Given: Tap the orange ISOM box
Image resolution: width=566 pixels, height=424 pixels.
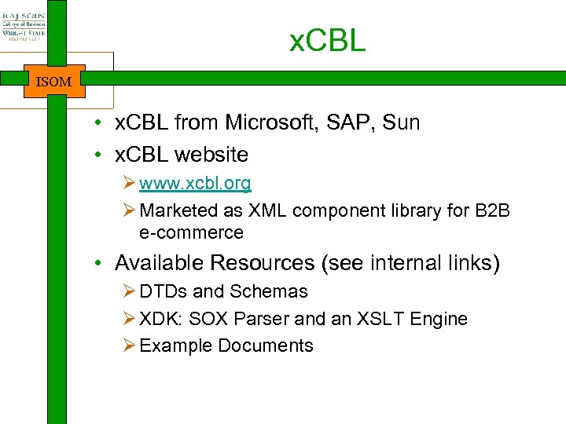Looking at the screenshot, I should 54,81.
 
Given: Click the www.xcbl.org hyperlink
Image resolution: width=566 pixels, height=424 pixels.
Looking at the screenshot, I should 195,184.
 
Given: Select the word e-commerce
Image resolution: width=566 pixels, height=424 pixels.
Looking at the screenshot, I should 191,232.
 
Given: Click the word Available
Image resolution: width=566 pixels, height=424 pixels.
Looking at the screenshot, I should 156,262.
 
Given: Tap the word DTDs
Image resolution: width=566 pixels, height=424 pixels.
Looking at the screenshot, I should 163,291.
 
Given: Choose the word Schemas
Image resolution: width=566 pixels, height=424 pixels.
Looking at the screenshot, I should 268,291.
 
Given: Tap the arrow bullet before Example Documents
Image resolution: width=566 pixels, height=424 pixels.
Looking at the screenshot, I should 130,345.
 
